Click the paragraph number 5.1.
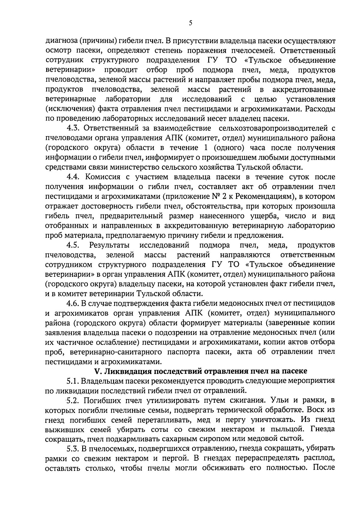tap(73, 381)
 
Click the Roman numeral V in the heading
tap(97, 371)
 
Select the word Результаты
tap(109, 245)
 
